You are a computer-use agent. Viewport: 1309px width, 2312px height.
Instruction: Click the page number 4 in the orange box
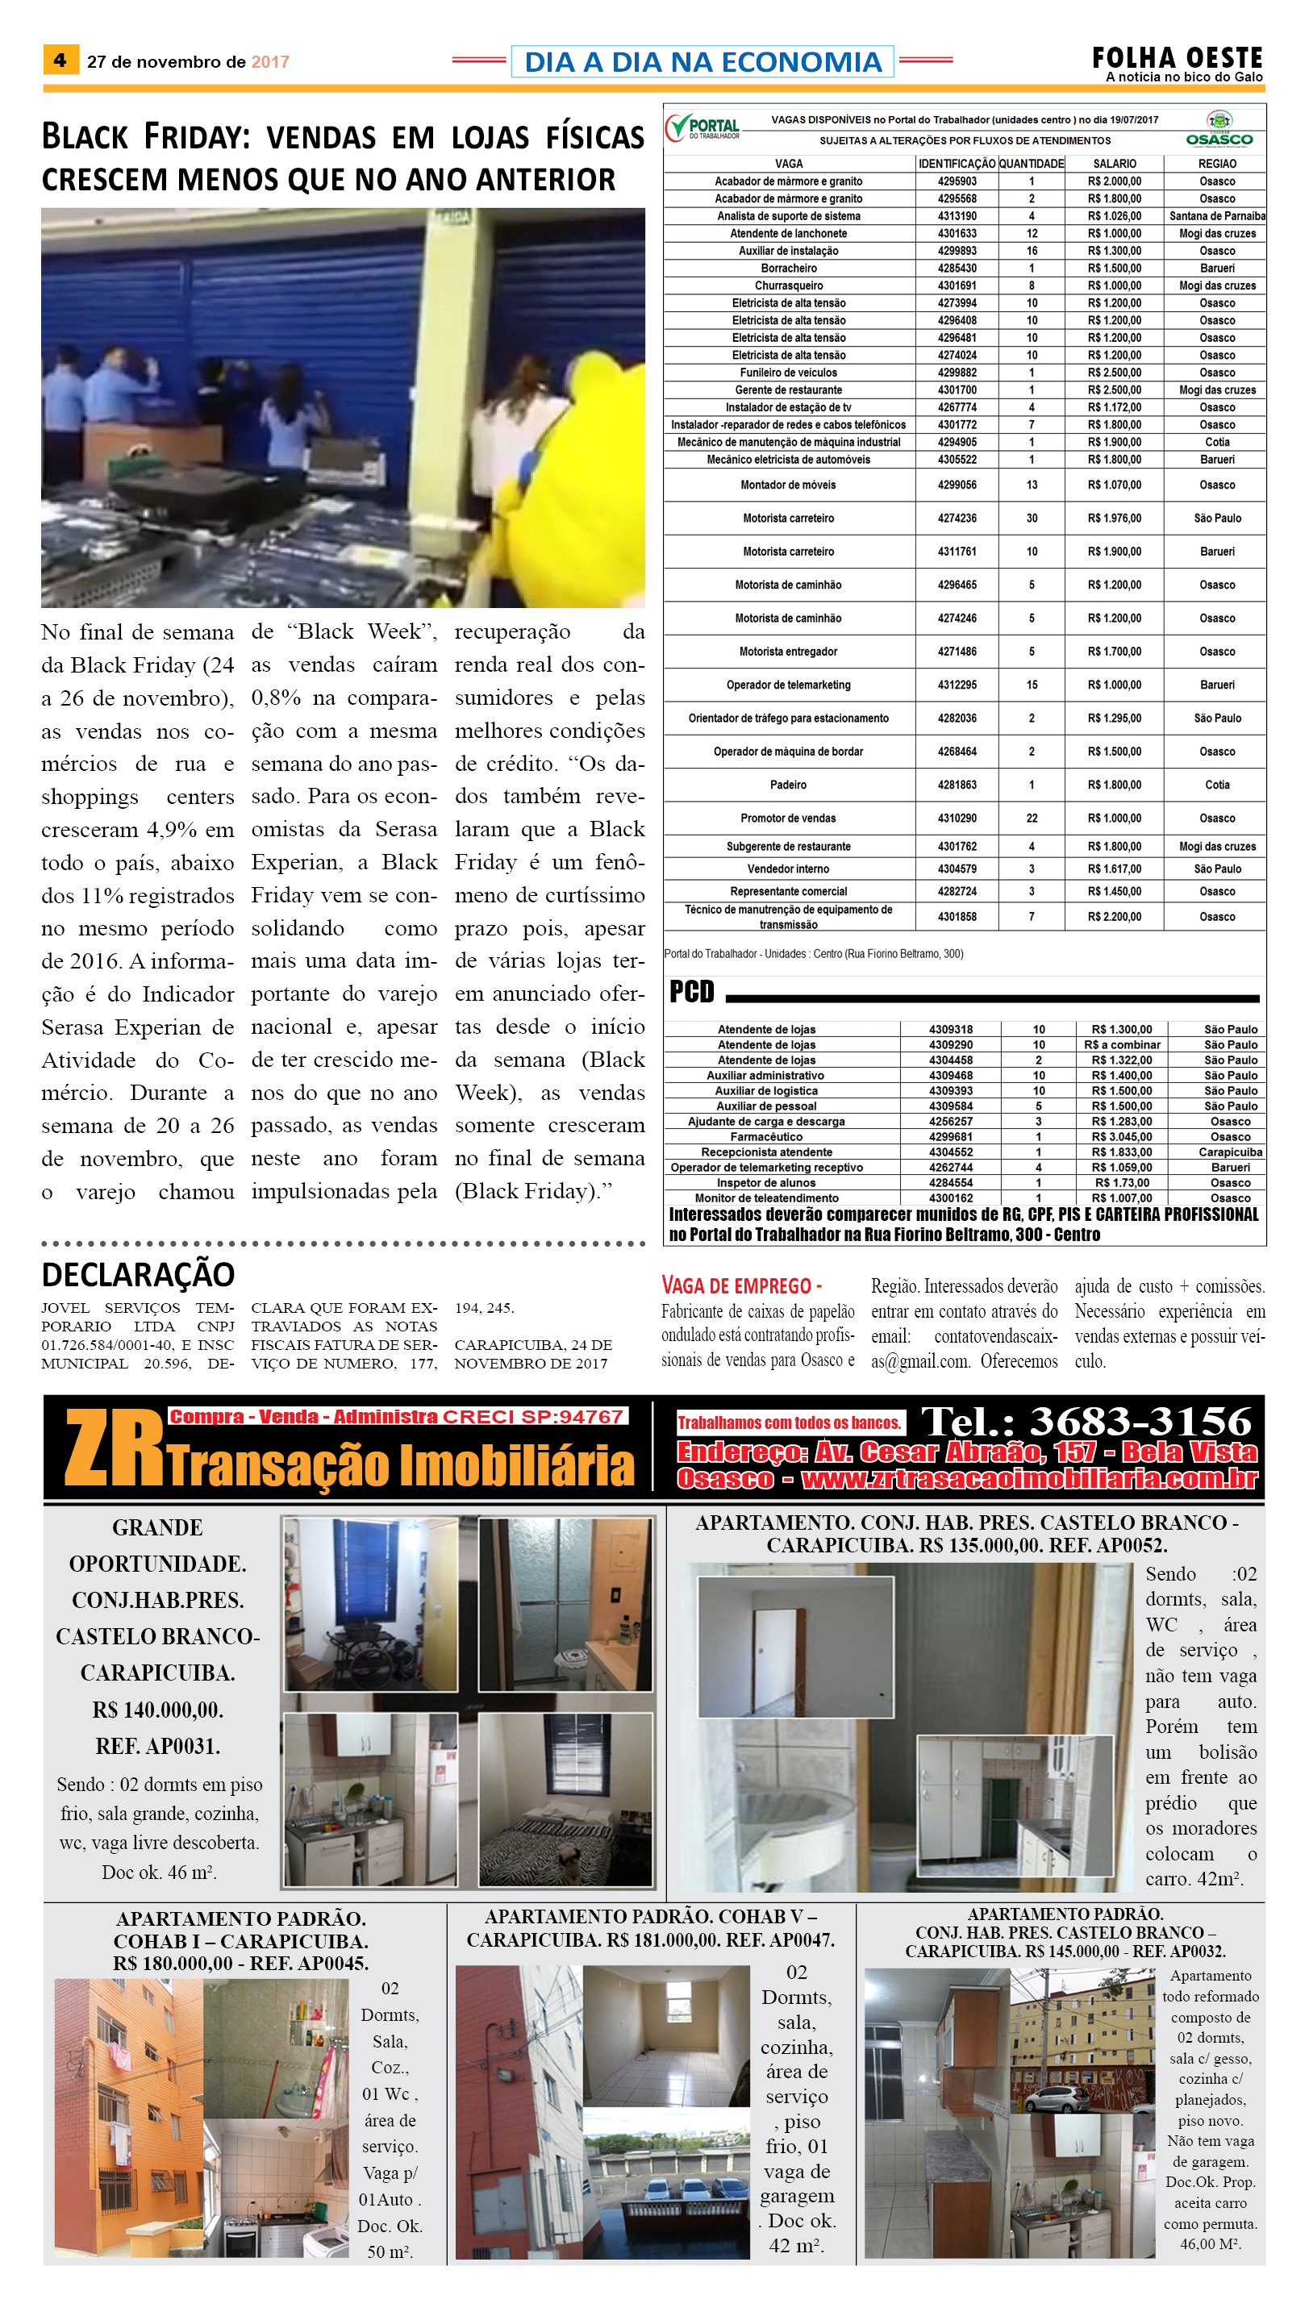pos(60,60)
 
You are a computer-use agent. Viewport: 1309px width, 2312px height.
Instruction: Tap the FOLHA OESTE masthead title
pos(1176,57)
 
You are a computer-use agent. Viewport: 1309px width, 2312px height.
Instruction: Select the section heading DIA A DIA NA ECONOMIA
pos(702,61)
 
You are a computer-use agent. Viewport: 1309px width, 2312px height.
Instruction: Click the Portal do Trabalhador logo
pos(703,127)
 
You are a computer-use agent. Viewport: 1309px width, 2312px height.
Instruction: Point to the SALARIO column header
pos(1114,164)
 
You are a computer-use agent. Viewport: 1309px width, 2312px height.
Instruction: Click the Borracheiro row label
pos(789,268)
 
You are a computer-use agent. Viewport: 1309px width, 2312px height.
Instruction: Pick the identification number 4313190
pos(957,216)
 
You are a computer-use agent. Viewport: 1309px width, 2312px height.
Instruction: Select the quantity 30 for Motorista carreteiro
pos(1032,518)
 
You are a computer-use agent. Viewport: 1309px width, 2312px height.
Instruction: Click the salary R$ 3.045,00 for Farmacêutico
pos(1121,1136)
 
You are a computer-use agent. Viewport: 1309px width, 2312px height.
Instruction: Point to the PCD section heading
pos(691,992)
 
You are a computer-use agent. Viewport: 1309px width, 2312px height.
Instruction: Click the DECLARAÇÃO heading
pos(139,1274)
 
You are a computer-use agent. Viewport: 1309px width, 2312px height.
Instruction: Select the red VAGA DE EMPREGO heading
pos(741,1285)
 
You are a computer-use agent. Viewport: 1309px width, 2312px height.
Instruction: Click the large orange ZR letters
pos(112,1447)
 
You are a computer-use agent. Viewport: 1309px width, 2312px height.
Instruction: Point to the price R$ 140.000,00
pos(157,1709)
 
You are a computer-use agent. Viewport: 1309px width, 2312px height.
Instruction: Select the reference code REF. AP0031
pos(157,1746)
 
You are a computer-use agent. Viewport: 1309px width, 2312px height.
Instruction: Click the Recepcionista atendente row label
pos(766,1152)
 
